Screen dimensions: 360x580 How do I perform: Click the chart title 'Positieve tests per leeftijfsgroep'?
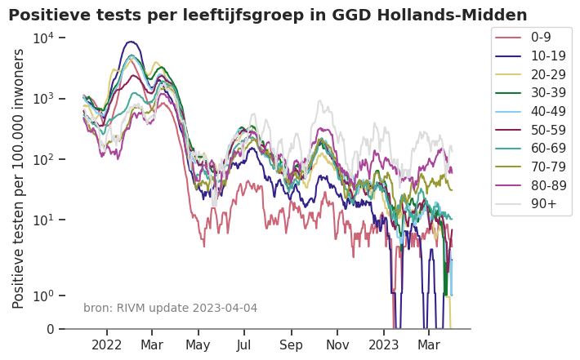click(x=267, y=15)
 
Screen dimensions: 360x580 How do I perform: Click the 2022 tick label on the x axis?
click(x=107, y=345)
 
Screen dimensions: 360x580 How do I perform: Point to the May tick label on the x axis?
click(x=198, y=345)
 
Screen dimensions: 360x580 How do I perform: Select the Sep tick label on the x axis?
click(x=291, y=345)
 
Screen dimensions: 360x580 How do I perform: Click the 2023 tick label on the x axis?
click(x=384, y=345)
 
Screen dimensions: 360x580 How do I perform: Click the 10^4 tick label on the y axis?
click(x=42, y=38)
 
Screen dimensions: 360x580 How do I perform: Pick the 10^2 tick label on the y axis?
click(x=42, y=159)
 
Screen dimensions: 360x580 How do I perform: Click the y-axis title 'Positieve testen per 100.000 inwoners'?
click(x=19, y=178)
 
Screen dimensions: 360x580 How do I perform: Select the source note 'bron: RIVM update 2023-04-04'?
click(x=170, y=308)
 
